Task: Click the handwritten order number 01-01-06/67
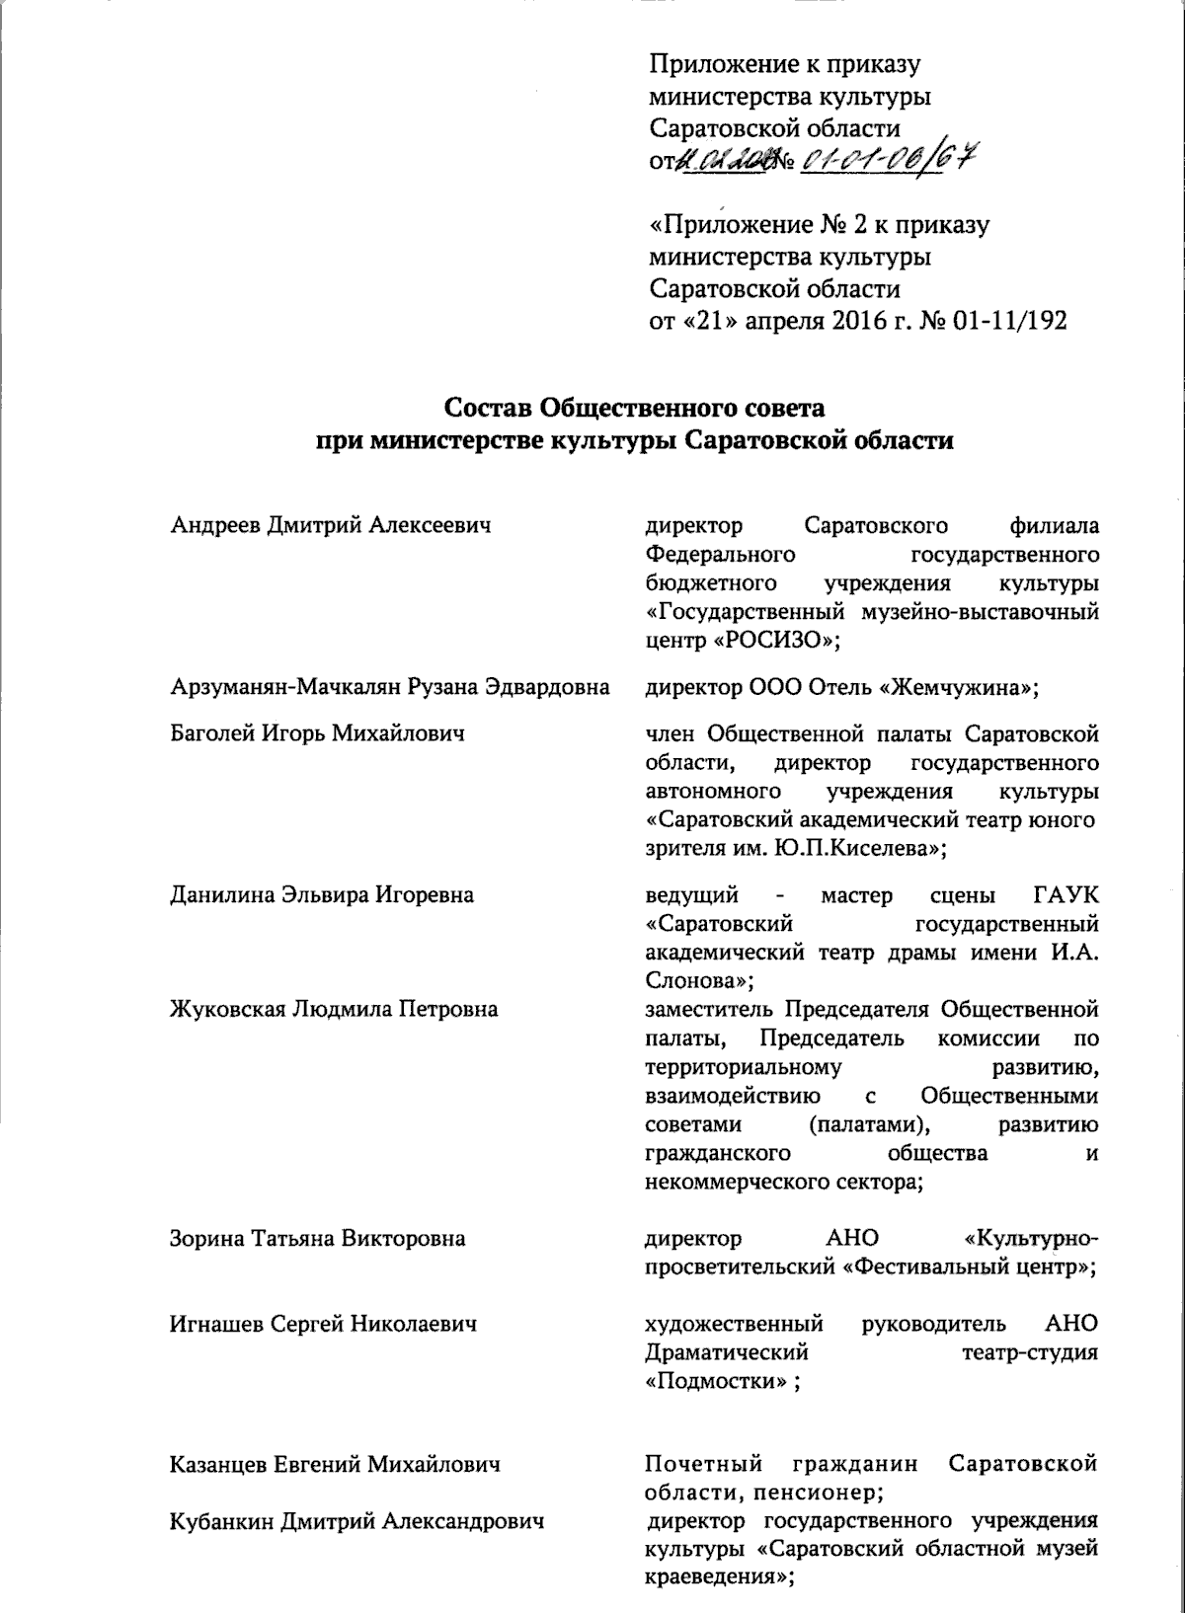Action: click(884, 159)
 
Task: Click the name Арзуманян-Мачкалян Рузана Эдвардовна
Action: click(388, 687)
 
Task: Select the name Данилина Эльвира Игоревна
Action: click(322, 895)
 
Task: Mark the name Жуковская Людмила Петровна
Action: click(334, 1009)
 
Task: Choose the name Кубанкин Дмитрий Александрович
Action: click(358, 1522)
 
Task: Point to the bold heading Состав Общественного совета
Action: click(633, 408)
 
